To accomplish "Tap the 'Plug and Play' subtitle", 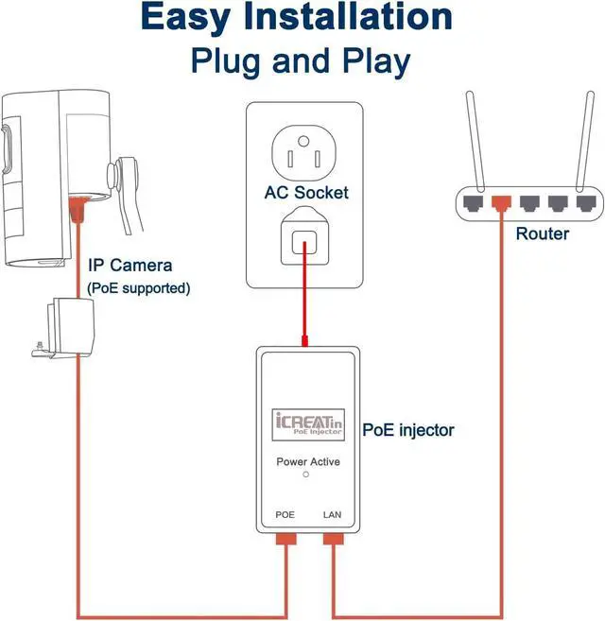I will (301, 60).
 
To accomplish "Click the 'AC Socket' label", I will (306, 193).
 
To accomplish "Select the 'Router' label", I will (542, 233).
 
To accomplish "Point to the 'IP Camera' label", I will (130, 266).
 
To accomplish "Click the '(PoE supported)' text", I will (138, 287).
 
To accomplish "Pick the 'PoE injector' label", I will (408, 430).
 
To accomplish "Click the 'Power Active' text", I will (307, 462).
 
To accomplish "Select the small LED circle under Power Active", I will (305, 474).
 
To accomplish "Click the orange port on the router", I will (501, 200).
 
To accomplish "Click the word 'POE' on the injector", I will (285, 515).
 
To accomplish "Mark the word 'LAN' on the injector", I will (333, 515).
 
